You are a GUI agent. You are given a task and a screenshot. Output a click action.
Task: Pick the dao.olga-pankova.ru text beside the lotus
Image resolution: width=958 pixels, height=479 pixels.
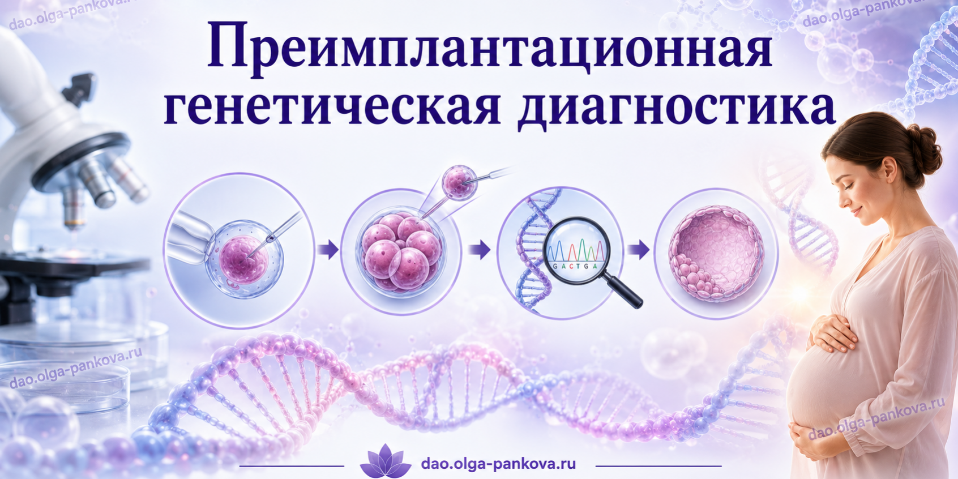click(498, 464)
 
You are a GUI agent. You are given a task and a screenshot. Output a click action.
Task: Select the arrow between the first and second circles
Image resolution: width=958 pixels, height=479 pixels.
click(328, 250)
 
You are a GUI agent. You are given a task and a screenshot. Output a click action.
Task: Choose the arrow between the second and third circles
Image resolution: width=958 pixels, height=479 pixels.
click(480, 249)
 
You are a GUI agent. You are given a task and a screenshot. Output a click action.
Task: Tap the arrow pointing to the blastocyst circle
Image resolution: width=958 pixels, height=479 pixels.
click(639, 249)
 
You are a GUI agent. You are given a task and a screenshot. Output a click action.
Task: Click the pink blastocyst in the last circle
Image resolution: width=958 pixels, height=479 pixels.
click(716, 254)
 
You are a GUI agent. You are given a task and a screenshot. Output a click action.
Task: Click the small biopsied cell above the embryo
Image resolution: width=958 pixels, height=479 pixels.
click(459, 182)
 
